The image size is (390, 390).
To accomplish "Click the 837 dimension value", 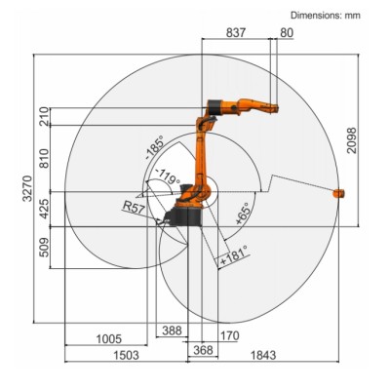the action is [236, 32].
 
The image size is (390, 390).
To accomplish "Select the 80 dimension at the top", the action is [287, 33].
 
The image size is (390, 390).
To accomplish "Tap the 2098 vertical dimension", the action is [352, 140].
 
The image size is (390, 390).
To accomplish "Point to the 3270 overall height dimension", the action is [27, 188].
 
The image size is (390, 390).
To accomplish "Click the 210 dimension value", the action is [44, 116].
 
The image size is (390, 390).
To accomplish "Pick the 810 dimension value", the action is [44, 158].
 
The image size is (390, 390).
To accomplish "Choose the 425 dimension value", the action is [44, 209].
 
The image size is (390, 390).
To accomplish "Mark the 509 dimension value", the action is [44, 248].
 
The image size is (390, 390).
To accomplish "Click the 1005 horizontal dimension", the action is [109, 339].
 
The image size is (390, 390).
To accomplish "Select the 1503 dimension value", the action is [126, 355].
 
